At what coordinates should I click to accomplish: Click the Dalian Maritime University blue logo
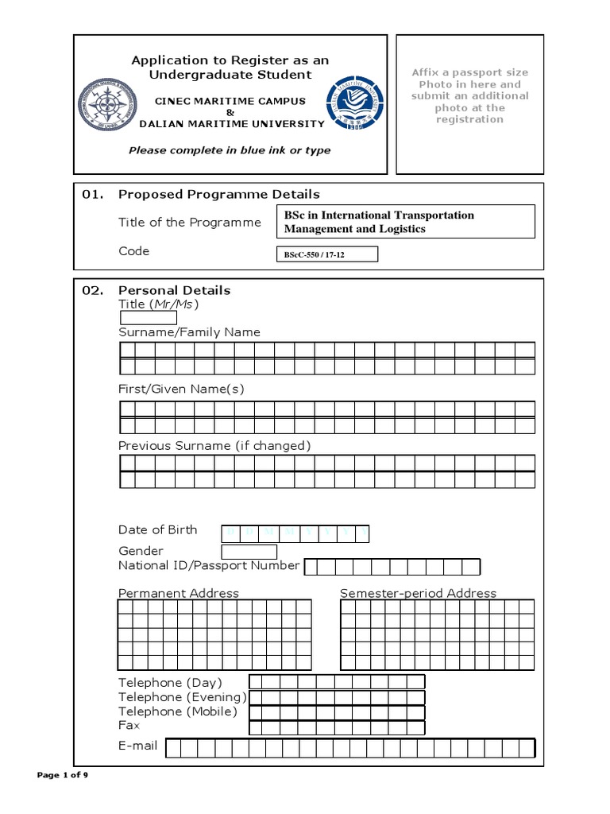point(354,103)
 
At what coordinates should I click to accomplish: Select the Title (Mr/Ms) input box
point(148,318)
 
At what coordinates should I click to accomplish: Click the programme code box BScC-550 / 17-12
point(326,254)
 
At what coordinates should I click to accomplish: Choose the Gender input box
point(249,552)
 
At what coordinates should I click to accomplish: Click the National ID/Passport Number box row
point(392,567)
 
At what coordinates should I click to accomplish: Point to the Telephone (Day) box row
point(337,682)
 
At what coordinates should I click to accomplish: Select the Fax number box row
point(337,727)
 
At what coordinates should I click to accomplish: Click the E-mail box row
point(349,748)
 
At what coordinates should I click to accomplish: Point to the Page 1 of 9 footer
point(68,775)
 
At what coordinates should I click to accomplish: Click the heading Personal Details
point(174,290)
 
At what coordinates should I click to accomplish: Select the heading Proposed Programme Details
point(218,194)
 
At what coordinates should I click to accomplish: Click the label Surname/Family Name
point(189,332)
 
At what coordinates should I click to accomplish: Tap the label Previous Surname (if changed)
point(214,446)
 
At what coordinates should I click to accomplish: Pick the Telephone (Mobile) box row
point(337,712)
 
